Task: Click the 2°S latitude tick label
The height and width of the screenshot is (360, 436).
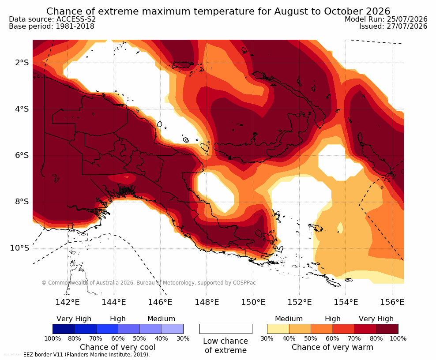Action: pos(22,63)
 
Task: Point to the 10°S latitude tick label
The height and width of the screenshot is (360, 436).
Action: pos(19,248)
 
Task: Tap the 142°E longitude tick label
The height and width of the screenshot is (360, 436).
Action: pos(68,302)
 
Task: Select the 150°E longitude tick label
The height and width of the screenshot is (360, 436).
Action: pos(253,302)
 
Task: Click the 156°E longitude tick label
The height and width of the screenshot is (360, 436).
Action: pos(392,302)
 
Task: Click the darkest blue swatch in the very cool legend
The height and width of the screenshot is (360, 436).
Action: pos(64,329)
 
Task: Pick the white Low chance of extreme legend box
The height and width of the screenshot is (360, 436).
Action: pos(226,329)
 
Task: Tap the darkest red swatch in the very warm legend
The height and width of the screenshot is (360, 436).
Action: pos(387,329)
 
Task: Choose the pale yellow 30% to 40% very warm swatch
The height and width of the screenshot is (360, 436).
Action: pos(278,329)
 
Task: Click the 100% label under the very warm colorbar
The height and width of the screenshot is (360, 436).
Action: pos(398,338)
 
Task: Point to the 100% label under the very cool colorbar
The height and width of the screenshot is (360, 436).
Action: pos(53,338)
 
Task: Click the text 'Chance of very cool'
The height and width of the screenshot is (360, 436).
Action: pos(118,347)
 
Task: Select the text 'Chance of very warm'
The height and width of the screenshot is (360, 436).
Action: pos(332,347)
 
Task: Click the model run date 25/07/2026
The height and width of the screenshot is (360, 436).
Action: pos(407,19)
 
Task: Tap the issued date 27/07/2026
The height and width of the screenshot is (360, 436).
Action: pos(407,26)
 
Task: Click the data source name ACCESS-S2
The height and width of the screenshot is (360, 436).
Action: pos(76,19)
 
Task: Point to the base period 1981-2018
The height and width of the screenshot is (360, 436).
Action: pos(75,26)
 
